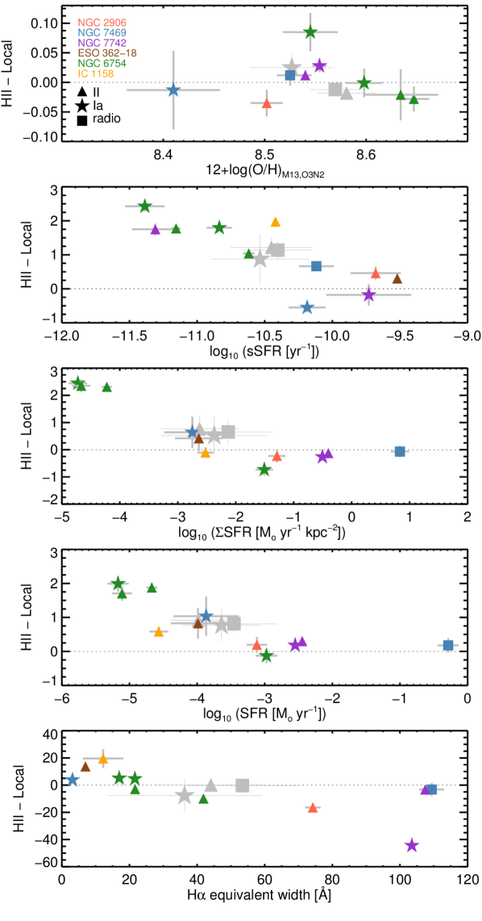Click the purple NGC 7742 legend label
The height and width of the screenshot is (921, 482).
pyautogui.click(x=102, y=43)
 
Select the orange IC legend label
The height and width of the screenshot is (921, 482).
pyautogui.click(x=95, y=74)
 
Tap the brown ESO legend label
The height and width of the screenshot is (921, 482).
pyautogui.click(x=107, y=53)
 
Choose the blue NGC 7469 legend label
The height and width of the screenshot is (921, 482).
pyautogui.click(x=102, y=33)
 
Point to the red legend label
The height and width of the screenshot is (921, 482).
pyautogui.click(x=102, y=23)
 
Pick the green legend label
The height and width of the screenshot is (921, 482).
pyautogui.click(x=102, y=64)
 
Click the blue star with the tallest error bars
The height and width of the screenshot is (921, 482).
pyautogui.click(x=173, y=90)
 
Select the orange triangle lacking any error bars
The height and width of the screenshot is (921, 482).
pyautogui.click(x=276, y=222)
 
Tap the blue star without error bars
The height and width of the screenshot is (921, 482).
pyautogui.click(x=73, y=780)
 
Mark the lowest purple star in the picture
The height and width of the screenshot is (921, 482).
pyautogui.click(x=412, y=845)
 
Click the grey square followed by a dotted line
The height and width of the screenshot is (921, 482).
pyautogui.click(x=243, y=785)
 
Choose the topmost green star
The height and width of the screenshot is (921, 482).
pyautogui.click(x=310, y=32)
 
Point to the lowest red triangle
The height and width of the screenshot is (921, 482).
pyautogui.click(x=313, y=807)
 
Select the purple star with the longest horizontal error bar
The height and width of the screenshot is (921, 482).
pyautogui.click(x=369, y=295)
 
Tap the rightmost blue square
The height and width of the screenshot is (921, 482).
pyautogui.click(x=448, y=645)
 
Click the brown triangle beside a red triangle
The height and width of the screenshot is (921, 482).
pyautogui.click(x=397, y=279)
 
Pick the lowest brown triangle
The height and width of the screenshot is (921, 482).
pyautogui.click(x=85, y=767)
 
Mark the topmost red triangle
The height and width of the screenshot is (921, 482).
pyautogui.click(x=267, y=103)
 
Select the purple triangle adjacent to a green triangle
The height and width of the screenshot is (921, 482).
pyautogui.click(x=156, y=230)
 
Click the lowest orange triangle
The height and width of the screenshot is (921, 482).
pyautogui.click(x=103, y=759)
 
